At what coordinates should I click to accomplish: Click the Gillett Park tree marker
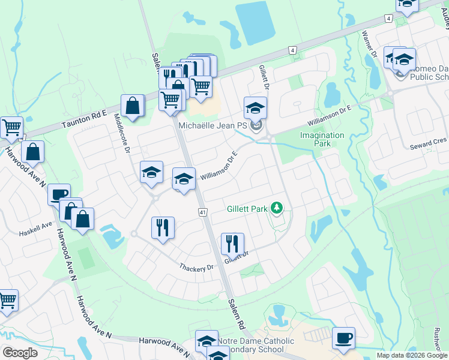[277, 208]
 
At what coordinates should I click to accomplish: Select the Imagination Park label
[322, 139]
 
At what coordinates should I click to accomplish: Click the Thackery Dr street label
[196, 266]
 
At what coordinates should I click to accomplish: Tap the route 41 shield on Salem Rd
[203, 212]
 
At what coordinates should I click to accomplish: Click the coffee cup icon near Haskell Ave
[59, 194]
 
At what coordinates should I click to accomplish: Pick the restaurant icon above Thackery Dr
[163, 227]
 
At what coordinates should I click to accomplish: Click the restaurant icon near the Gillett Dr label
[232, 244]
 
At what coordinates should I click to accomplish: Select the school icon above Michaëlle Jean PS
[256, 108]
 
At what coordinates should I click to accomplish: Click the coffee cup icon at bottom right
[343, 337]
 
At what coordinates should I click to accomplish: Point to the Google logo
[20, 353]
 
